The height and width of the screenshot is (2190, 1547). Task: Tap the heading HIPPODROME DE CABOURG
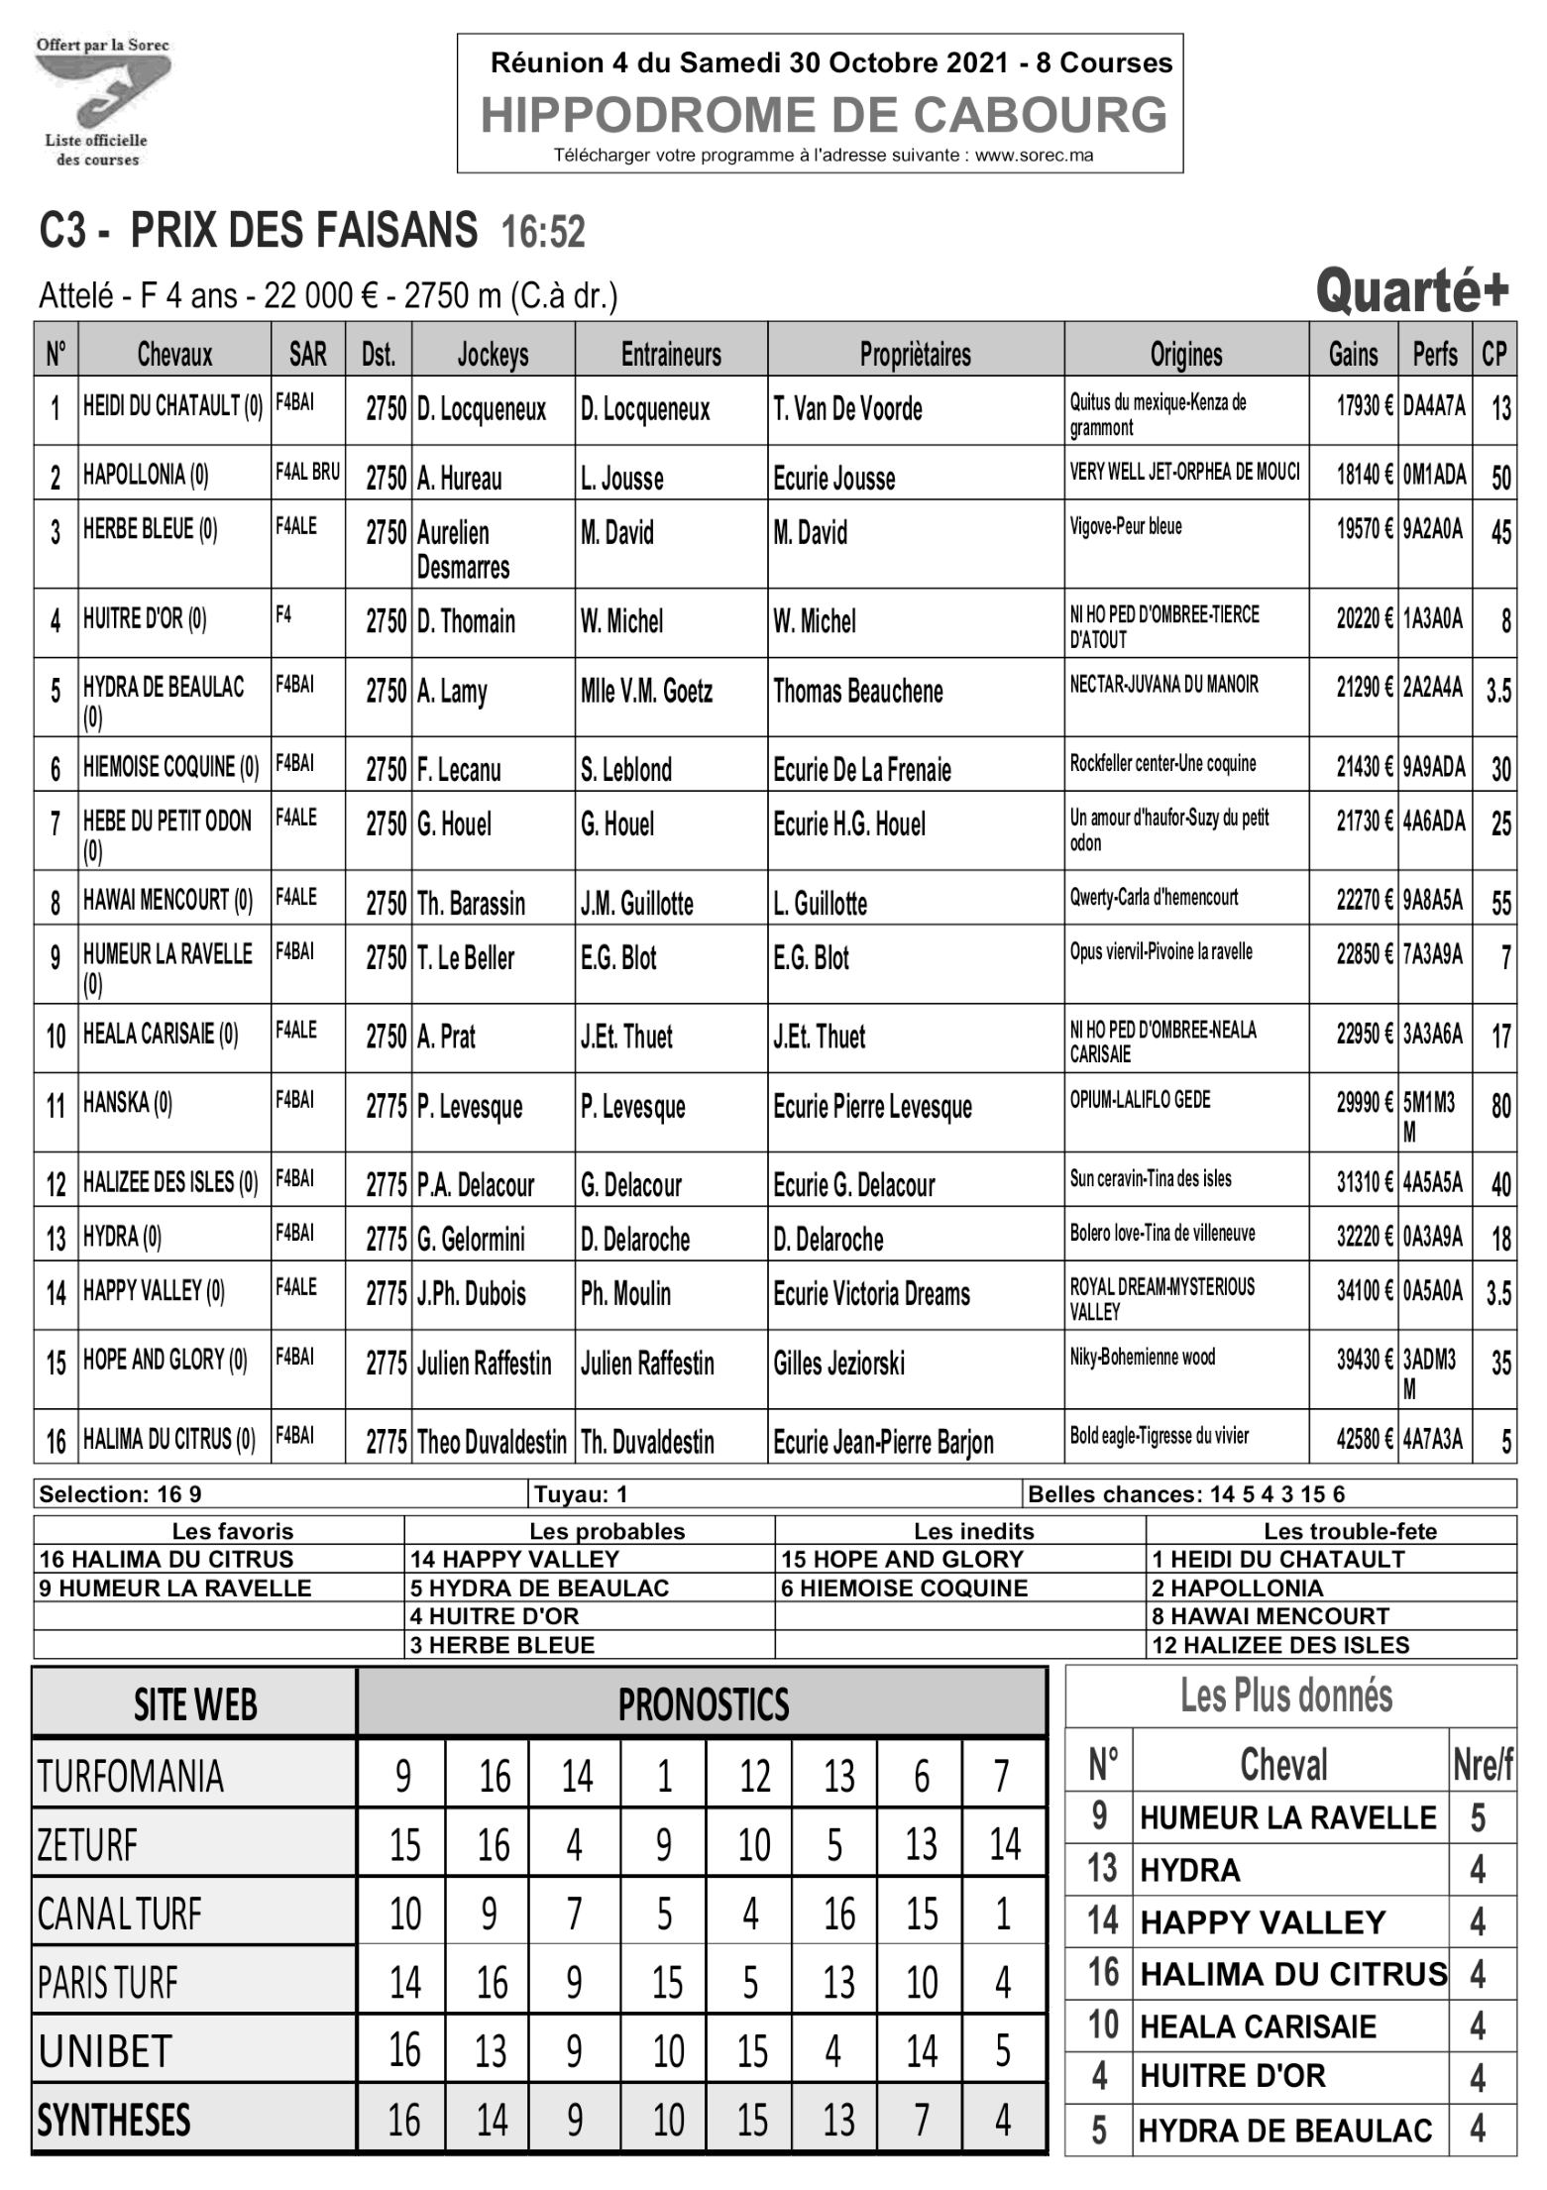[824, 115]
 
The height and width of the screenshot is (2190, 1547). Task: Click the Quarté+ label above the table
[1411, 291]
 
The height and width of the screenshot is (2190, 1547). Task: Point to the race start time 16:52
[543, 233]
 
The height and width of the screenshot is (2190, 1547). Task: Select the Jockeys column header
[493, 354]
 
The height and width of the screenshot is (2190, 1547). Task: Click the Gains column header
[1353, 354]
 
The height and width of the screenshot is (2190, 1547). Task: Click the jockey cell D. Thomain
[466, 622]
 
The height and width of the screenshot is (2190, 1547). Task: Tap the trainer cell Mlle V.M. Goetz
[646, 692]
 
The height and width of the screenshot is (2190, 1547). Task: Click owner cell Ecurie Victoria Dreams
[871, 1294]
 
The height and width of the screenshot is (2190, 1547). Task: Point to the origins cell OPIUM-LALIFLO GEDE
[1140, 1100]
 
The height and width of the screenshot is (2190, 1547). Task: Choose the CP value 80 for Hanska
[1500, 1107]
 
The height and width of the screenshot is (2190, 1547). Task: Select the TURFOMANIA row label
[130, 1777]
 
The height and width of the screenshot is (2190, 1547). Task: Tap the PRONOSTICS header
[703, 1704]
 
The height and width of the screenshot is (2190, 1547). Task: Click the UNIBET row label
[105, 2052]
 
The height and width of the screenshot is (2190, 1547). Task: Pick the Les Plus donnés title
[1285, 1697]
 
